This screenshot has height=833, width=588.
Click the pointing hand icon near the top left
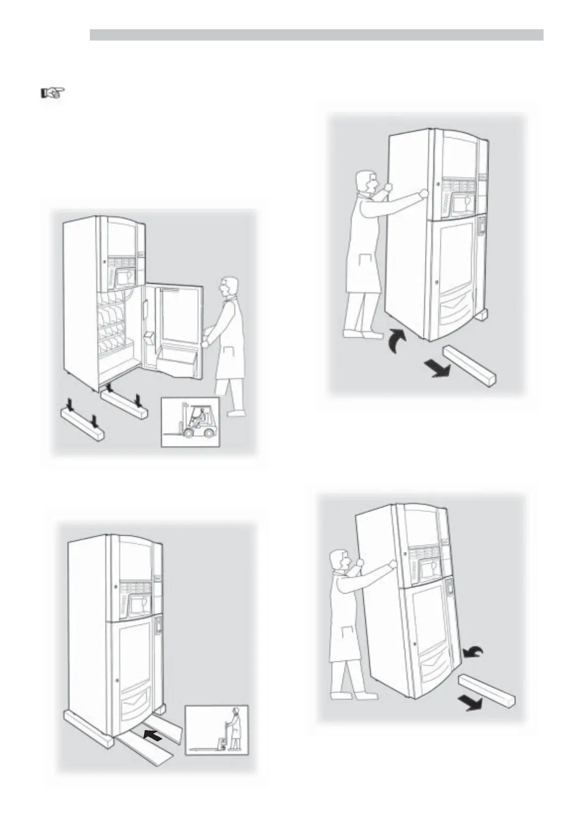(52, 93)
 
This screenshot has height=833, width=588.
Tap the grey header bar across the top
(316, 35)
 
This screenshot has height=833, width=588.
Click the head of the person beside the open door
(229, 288)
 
